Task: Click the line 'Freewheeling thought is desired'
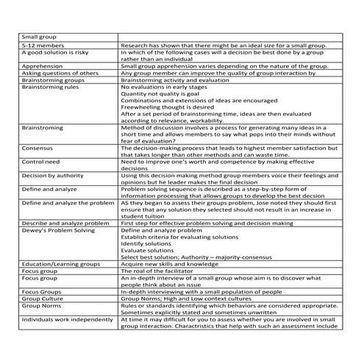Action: (167, 107)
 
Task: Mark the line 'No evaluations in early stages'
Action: (165, 87)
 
